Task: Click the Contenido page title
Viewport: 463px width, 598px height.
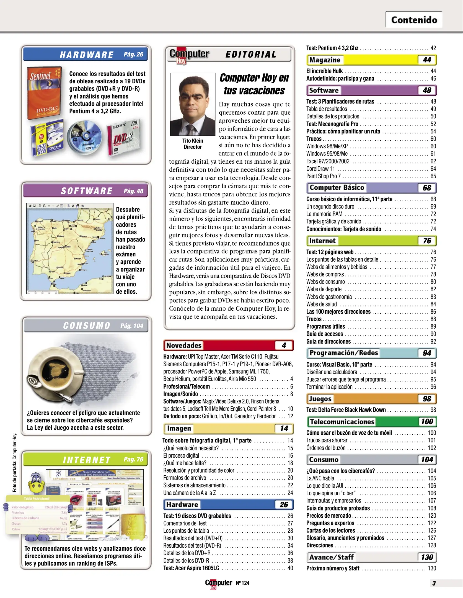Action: pos(414,20)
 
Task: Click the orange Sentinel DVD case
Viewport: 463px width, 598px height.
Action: pos(44,93)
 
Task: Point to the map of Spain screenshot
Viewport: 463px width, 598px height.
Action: pos(70,248)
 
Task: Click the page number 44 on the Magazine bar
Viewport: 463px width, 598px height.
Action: pos(427,60)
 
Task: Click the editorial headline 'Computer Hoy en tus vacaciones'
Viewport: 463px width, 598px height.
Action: pos(254,84)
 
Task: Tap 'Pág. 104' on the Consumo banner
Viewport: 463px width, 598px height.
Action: pos(132,326)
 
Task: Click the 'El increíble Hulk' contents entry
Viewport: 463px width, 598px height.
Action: pos(324,71)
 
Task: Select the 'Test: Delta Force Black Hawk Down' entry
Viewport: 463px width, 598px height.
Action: pos(346,410)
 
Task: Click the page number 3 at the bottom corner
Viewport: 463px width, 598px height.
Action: pos(434,583)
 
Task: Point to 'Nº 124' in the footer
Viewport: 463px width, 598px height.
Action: pos(242,583)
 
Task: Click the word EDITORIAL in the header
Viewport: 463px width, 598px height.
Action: pos(251,55)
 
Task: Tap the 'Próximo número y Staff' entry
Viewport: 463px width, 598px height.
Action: pos(333,568)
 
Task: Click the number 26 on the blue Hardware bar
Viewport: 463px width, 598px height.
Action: pos(284,504)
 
